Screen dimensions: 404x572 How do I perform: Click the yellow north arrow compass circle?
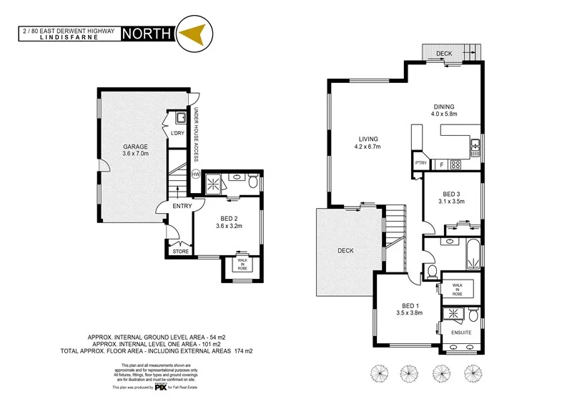click(x=192, y=34)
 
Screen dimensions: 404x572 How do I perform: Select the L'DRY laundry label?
click(x=176, y=133)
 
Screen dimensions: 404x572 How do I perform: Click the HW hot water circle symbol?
click(x=195, y=174)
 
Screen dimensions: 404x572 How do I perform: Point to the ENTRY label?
click(x=181, y=207)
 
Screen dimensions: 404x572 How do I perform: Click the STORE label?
click(x=181, y=251)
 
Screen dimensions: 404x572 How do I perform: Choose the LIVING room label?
click(x=368, y=139)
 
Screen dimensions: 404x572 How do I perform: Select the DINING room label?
click(x=443, y=107)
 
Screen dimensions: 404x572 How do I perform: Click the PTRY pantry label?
click(x=420, y=163)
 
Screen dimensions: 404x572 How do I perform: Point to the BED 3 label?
click(x=451, y=194)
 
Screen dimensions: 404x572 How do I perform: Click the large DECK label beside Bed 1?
click(x=345, y=251)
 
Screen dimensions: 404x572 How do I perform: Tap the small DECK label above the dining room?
click(x=443, y=54)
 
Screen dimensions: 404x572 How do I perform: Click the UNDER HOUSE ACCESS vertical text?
click(x=195, y=134)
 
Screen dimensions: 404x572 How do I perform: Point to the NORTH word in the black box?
click(x=147, y=33)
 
